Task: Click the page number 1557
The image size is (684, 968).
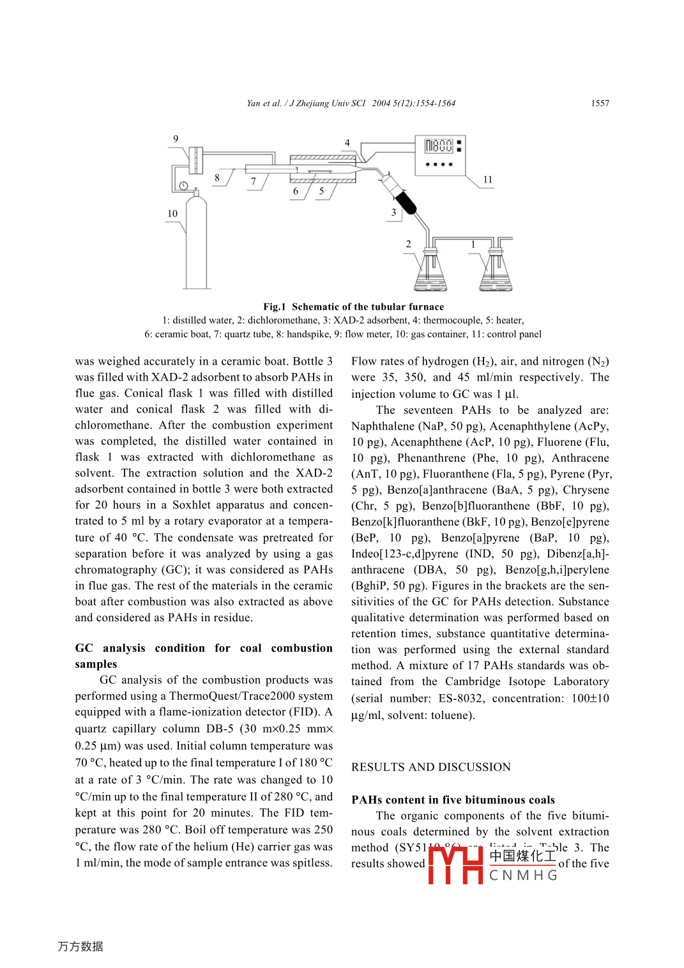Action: tap(600, 103)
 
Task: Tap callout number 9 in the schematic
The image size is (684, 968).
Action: tap(176, 139)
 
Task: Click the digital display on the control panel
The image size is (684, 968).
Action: tap(439, 146)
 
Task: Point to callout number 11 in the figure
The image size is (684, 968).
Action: tap(488, 180)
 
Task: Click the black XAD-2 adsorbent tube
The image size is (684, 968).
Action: tap(406, 202)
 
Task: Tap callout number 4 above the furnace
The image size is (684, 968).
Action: tap(347, 143)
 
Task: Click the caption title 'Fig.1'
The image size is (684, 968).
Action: tap(275, 307)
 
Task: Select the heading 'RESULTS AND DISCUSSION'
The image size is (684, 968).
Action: tap(431, 767)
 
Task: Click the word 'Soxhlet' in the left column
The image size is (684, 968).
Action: tap(192, 505)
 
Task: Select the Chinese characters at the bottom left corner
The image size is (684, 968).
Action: tap(80, 946)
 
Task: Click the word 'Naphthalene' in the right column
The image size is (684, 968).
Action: tap(382, 426)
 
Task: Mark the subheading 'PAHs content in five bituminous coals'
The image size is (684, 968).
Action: tap(453, 800)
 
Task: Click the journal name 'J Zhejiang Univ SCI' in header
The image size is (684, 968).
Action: tap(328, 103)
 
